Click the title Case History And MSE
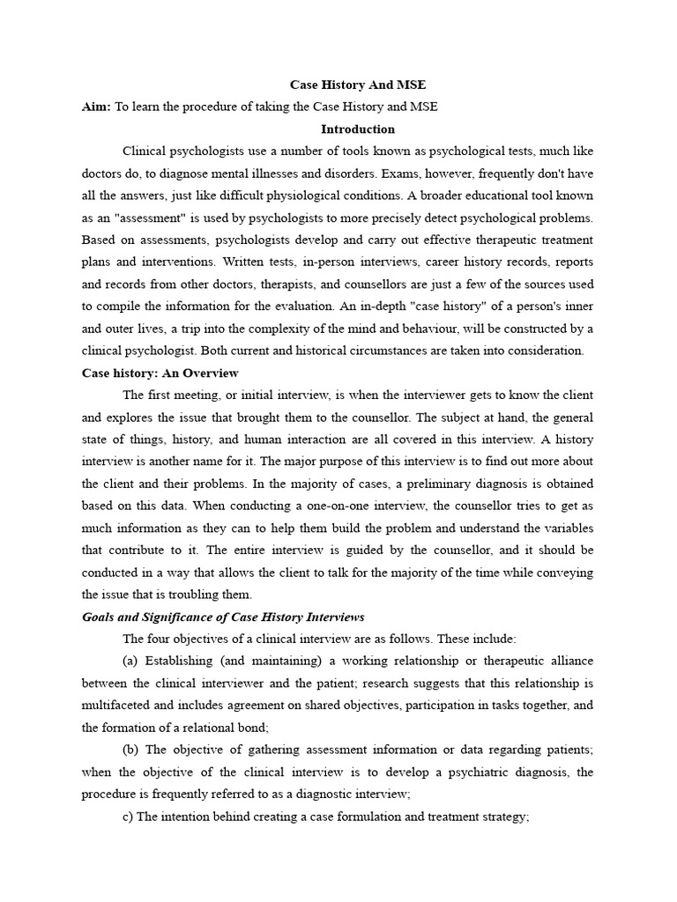tap(357, 85)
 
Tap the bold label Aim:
tap(96, 107)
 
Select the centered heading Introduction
tap(357, 129)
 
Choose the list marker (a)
tap(131, 661)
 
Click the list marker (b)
tap(131, 750)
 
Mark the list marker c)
tap(128, 816)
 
